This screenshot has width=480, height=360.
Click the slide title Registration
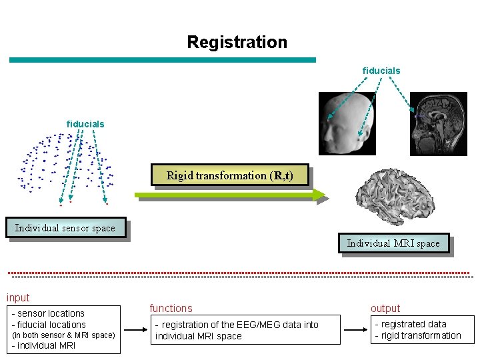coord(237,42)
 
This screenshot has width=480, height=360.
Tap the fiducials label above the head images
coord(381,71)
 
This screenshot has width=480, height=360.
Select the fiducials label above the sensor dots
coord(85,124)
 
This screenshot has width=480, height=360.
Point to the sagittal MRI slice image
coord(439,123)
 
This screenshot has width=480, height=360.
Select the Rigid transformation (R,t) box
coord(229,175)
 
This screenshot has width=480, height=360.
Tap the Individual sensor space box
coord(65,228)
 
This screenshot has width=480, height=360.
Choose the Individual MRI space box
coord(393,243)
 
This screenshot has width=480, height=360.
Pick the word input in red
coord(18,298)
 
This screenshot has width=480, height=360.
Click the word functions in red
coord(171,308)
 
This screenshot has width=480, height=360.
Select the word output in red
coord(385,308)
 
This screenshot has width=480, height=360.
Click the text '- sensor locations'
coord(49,313)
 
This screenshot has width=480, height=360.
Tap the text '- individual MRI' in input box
coord(44,345)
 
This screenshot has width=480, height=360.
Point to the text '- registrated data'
coord(411,324)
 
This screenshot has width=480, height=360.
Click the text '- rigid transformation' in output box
coord(418,335)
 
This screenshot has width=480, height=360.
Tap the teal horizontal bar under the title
coord(162,60)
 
